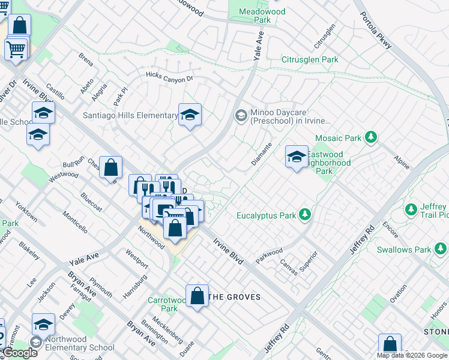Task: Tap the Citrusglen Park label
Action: (x=310, y=60)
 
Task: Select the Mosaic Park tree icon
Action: (x=372, y=138)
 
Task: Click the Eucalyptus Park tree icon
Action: (x=306, y=215)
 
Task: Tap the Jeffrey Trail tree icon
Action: (x=411, y=210)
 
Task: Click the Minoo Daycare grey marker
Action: (x=241, y=115)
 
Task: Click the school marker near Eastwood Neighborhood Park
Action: (x=297, y=157)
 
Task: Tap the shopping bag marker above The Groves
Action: (x=197, y=296)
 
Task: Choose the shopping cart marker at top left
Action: (x=16, y=49)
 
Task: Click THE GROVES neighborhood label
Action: (x=235, y=297)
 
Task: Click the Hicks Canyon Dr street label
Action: (x=170, y=76)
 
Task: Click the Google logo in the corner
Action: (x=20, y=353)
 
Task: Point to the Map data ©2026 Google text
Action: (x=412, y=355)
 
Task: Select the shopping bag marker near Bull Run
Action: (x=111, y=167)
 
